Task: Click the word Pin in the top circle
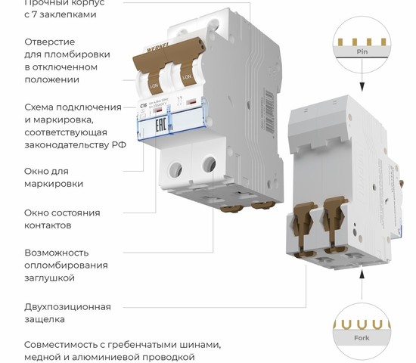(362, 52)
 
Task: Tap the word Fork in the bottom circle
(362, 338)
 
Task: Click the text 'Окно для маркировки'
(53, 177)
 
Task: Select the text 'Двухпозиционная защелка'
(67, 313)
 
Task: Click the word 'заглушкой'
(49, 278)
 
